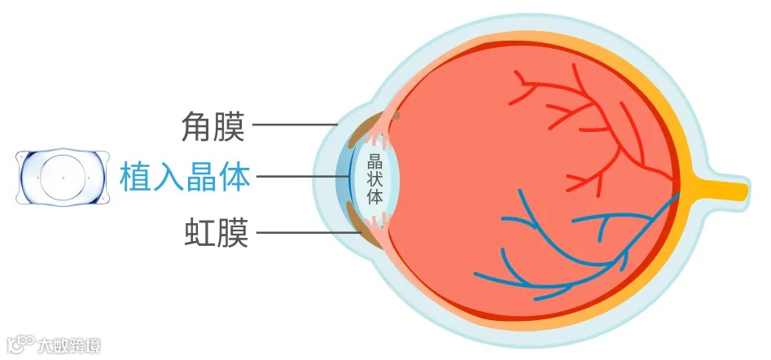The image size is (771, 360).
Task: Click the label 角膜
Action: point(213,126)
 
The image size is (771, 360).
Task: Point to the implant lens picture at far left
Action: point(63,176)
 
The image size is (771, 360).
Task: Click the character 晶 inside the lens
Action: point(375,160)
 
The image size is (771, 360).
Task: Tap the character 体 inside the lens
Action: point(375,196)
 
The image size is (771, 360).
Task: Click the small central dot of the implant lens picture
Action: point(63,176)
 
